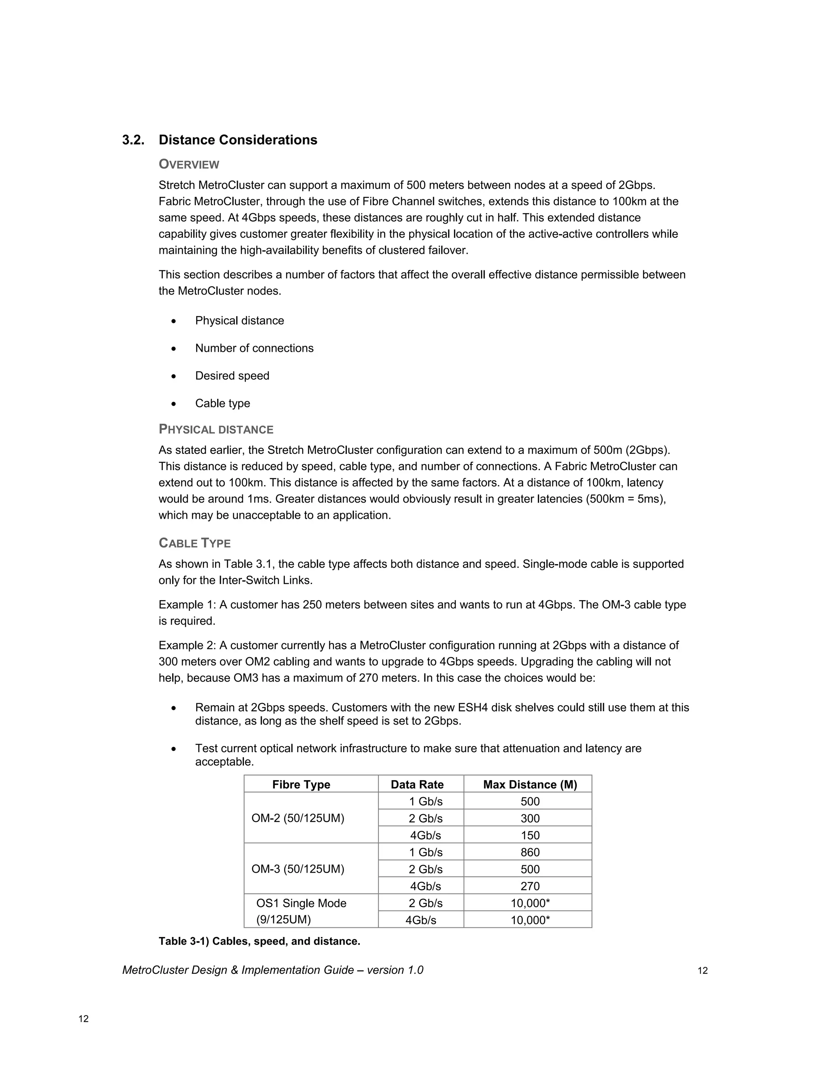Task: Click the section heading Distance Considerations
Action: [237, 140]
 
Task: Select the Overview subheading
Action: [189, 164]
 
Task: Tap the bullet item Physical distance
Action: [240, 321]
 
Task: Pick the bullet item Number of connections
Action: [254, 348]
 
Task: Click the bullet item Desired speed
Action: [232, 376]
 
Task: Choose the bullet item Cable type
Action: [222, 403]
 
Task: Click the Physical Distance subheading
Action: [216, 429]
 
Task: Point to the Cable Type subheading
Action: [195, 543]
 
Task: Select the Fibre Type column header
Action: [301, 784]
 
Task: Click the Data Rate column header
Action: [417, 784]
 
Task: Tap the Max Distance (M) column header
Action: [530, 784]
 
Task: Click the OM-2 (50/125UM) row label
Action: [297, 818]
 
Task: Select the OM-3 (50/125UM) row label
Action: [297, 869]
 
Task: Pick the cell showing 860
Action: [530, 852]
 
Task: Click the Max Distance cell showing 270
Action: [530, 886]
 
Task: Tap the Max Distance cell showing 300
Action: [530, 818]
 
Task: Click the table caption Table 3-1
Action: [259, 941]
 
